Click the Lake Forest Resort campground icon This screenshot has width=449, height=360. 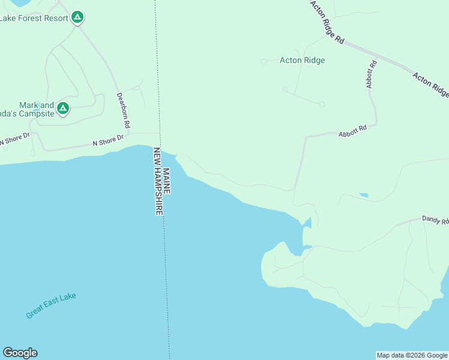(77, 17)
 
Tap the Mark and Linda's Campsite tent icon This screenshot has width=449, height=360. (63, 109)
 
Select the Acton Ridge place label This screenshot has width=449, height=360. (303, 60)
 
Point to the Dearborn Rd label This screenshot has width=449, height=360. (123, 111)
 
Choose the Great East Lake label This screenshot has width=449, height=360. (51, 305)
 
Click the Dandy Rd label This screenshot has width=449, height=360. (435, 221)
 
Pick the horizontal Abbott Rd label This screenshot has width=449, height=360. (352, 131)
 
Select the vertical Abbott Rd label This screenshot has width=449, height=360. (372, 75)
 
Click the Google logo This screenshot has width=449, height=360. (20, 353)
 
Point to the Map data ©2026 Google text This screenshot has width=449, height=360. (412, 355)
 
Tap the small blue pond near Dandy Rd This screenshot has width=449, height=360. (363, 195)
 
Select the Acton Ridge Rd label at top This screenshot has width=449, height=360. (327, 22)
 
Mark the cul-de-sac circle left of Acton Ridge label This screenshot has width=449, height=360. (264, 61)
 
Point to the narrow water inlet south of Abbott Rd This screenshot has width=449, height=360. (307, 228)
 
